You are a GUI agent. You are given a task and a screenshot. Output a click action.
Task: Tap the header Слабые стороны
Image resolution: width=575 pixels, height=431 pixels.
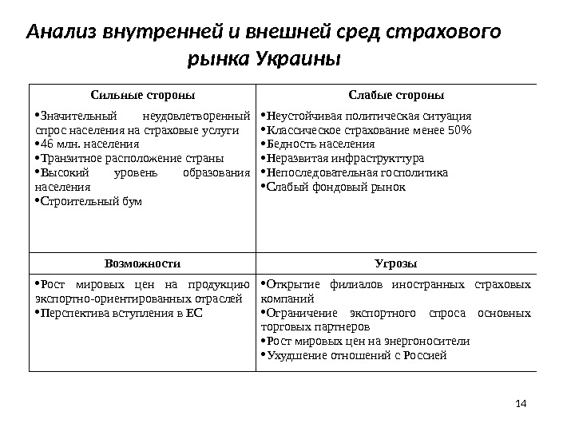click(x=396, y=95)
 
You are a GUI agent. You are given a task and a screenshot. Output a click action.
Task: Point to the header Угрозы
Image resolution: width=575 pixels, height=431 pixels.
click(x=396, y=263)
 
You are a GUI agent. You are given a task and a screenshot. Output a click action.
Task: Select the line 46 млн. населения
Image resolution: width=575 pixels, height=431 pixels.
click(x=91, y=144)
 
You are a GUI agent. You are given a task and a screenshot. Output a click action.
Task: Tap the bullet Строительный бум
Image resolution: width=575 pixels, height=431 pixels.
click(x=92, y=201)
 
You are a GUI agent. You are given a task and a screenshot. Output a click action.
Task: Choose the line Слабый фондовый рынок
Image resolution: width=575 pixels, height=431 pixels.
click(x=336, y=187)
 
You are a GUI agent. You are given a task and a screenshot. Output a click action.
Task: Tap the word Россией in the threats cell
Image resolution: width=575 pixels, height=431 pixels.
click(x=425, y=356)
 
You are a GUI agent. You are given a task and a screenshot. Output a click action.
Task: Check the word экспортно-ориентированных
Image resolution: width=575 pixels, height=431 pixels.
click(x=102, y=299)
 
